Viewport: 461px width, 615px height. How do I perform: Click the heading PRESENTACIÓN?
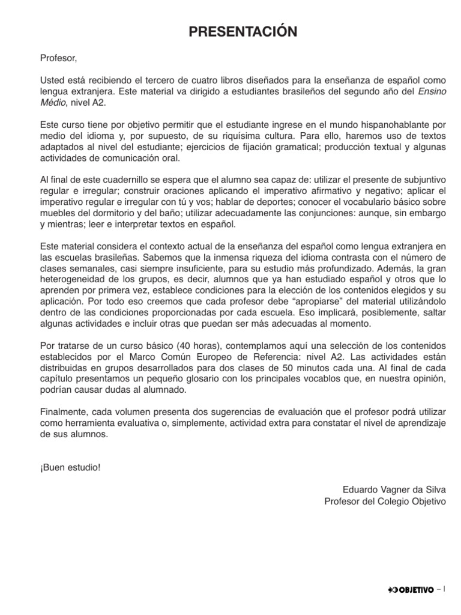click(x=243, y=32)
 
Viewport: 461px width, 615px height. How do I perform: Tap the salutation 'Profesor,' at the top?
click(x=59, y=59)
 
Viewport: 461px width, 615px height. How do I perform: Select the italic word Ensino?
click(x=432, y=92)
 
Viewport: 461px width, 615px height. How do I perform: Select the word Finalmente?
click(x=63, y=413)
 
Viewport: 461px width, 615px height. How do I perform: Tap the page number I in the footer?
click(x=445, y=590)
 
